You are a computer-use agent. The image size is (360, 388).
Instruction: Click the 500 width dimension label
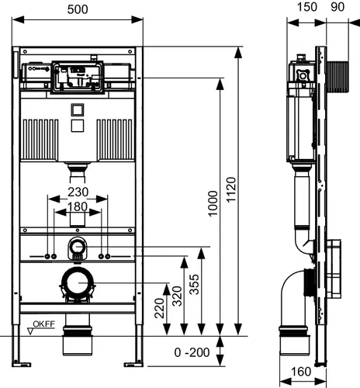(x=78, y=9)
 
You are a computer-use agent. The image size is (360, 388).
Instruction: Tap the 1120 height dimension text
(x=231, y=189)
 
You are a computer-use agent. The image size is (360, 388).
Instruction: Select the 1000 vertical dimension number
(x=213, y=203)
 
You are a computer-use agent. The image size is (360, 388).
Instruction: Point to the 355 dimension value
(x=194, y=284)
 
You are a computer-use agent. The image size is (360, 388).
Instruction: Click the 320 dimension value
(x=177, y=296)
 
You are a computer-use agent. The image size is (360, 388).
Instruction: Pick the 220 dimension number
(x=159, y=308)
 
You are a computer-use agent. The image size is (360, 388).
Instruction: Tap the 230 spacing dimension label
(x=78, y=192)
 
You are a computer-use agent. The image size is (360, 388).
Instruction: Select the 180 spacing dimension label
(x=78, y=206)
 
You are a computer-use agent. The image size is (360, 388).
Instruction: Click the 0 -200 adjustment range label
(x=192, y=352)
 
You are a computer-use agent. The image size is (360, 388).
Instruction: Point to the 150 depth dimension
(x=307, y=7)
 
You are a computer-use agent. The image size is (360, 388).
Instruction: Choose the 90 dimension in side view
(x=337, y=7)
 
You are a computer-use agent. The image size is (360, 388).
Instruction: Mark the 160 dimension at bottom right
(x=301, y=372)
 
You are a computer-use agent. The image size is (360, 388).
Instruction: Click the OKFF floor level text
(x=44, y=324)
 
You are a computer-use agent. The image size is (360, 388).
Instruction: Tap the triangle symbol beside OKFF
(x=30, y=331)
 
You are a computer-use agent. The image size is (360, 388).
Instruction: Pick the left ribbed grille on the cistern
(x=40, y=140)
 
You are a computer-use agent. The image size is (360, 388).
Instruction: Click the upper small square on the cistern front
(x=78, y=110)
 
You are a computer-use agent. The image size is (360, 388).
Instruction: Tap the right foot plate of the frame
(x=133, y=365)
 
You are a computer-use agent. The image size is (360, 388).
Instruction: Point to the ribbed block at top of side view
(x=337, y=77)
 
